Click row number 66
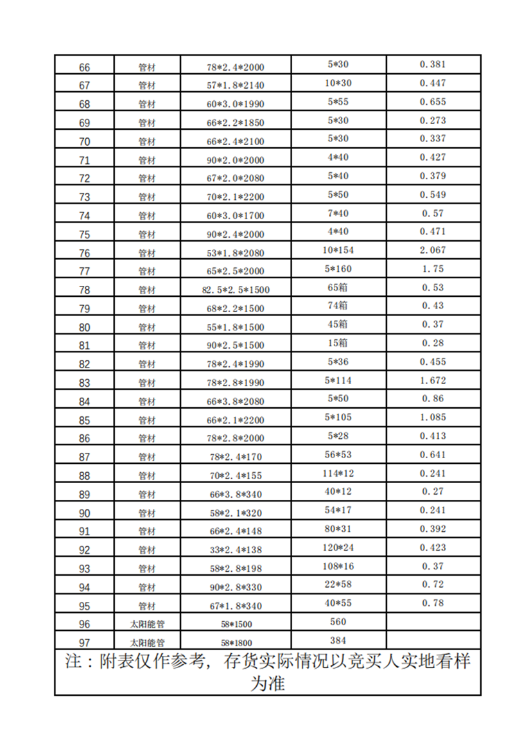tap(84, 67)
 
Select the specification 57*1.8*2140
tap(236, 85)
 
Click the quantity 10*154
tap(338, 250)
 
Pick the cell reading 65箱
tap(338, 287)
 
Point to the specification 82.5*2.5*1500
tap(236, 290)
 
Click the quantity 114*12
tap(338, 473)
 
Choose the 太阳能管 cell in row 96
tap(147, 624)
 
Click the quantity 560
tap(338, 621)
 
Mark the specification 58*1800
tap(236, 642)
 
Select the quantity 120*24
tap(338, 547)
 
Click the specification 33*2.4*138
tap(236, 550)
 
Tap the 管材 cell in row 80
tap(147, 327)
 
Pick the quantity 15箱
tap(338, 343)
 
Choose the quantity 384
tap(338, 640)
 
